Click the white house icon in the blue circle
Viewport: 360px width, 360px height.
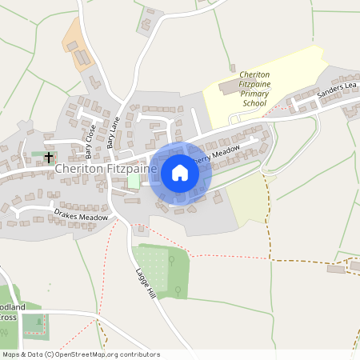(180, 173)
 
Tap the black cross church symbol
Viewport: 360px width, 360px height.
(49, 157)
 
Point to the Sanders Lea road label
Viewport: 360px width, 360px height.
(335, 90)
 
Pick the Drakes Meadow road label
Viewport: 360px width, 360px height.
(81, 216)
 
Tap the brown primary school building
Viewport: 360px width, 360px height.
(228, 84)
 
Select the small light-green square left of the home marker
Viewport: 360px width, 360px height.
(134, 182)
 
